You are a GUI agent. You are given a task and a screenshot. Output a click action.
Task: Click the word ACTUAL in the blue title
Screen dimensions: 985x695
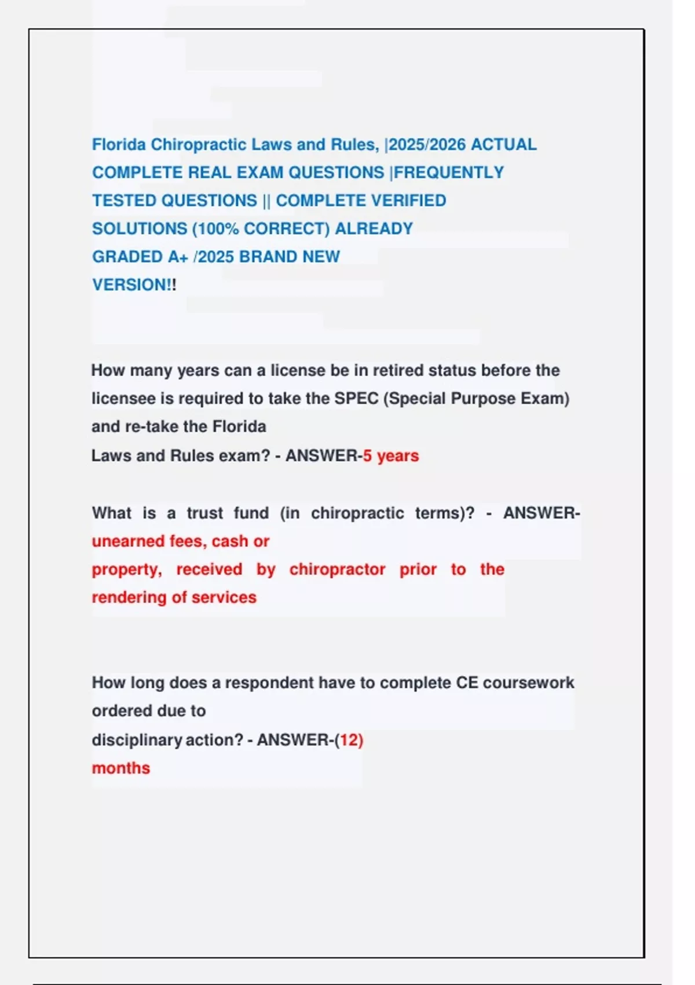(503, 144)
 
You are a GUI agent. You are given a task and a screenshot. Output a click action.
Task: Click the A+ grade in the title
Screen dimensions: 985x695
(178, 257)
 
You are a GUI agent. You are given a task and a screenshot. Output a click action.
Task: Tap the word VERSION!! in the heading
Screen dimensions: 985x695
(134, 285)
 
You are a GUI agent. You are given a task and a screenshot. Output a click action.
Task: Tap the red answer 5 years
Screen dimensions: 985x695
(391, 456)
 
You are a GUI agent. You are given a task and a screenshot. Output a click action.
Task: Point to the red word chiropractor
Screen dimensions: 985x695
(337, 570)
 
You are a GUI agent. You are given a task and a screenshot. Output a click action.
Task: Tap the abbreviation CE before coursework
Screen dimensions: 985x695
(467, 683)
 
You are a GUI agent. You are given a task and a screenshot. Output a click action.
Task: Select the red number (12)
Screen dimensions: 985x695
(351, 740)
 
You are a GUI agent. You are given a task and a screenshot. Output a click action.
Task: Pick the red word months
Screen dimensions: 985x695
(120, 768)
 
